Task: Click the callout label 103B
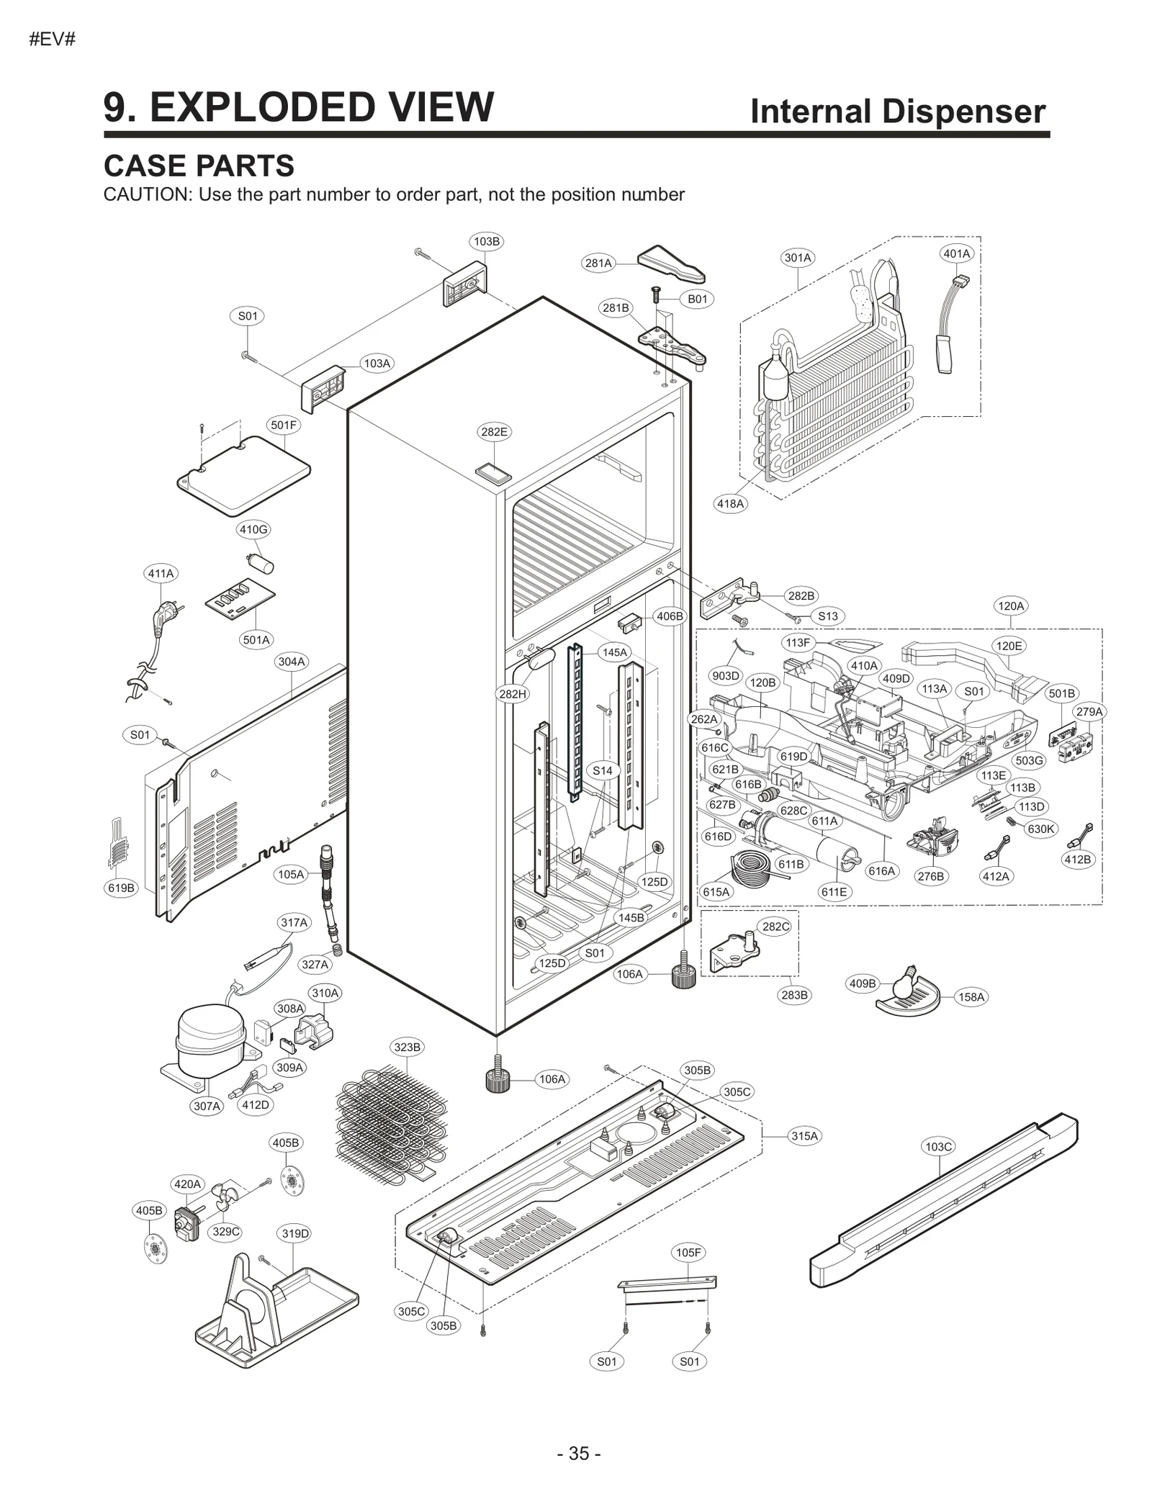(x=487, y=241)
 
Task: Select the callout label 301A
(x=798, y=258)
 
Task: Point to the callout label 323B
(x=407, y=1047)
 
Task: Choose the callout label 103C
(x=938, y=1146)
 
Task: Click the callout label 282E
(x=494, y=432)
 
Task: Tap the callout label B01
(x=697, y=299)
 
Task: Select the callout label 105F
(x=688, y=1252)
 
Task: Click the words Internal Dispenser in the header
(x=897, y=112)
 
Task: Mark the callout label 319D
(x=295, y=1233)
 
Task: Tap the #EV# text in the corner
(x=52, y=40)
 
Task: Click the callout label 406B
(x=670, y=616)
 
